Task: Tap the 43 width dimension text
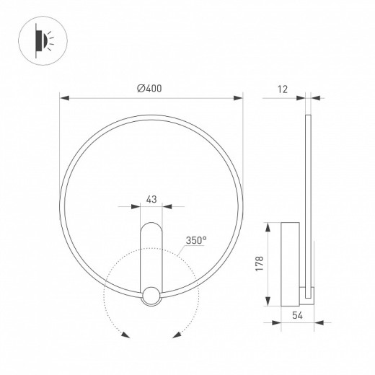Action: coord(151,198)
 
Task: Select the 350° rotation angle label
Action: coord(195,239)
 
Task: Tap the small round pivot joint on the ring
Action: coord(151,295)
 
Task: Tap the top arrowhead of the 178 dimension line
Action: coord(269,224)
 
